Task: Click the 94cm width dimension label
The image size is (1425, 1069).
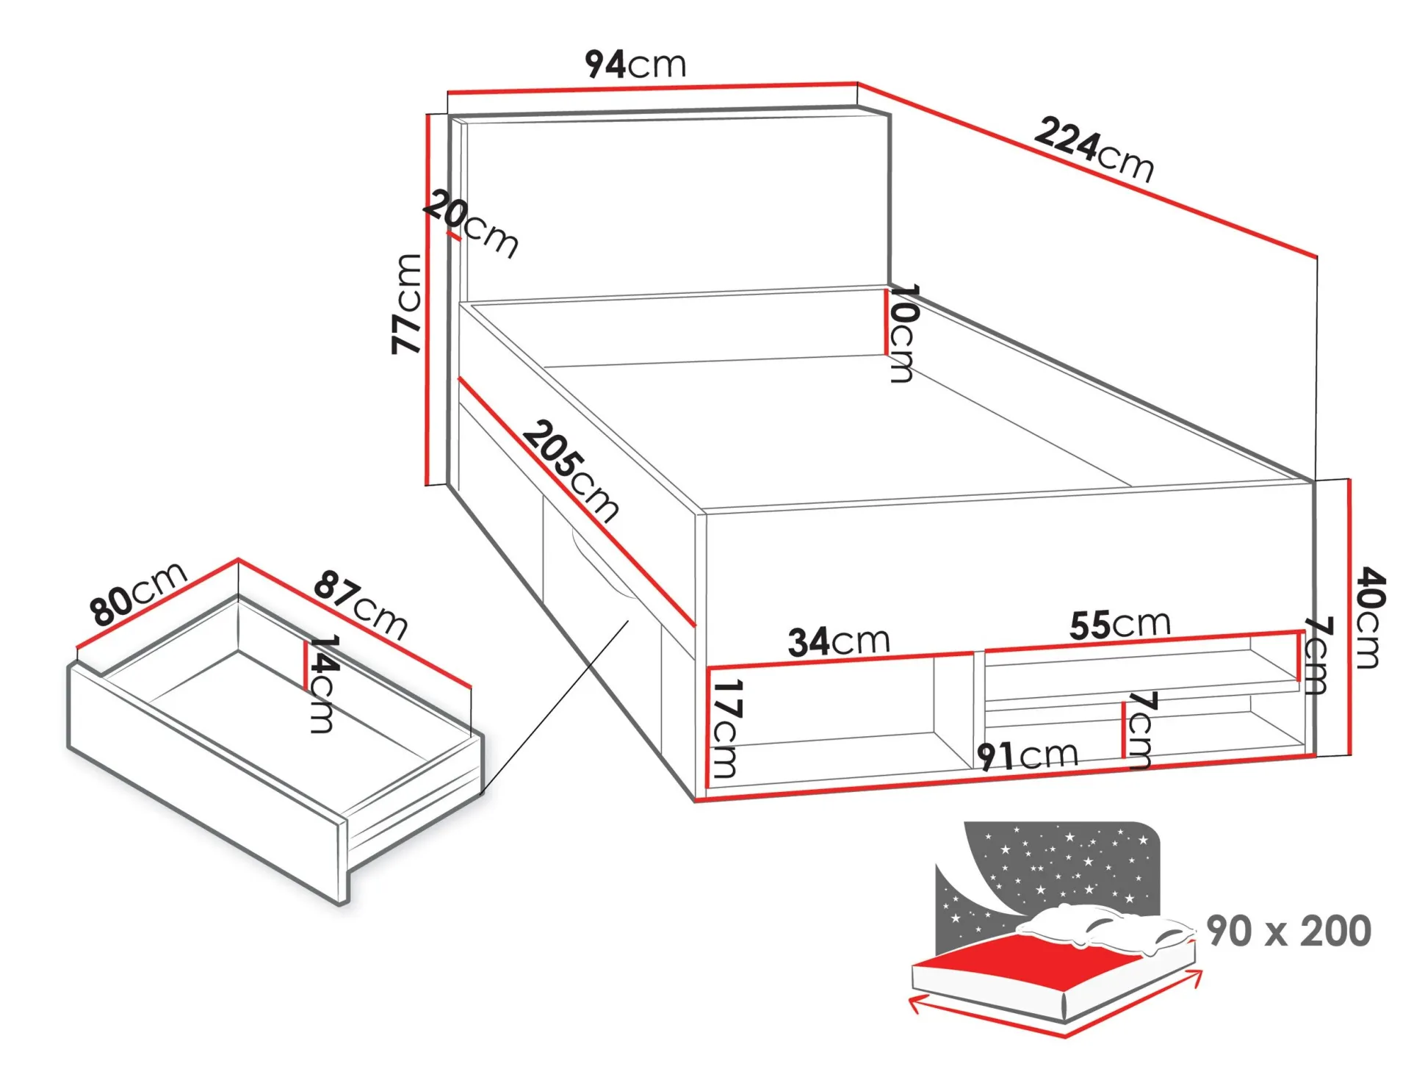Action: pyautogui.click(x=636, y=64)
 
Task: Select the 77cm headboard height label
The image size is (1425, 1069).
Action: pyautogui.click(x=407, y=304)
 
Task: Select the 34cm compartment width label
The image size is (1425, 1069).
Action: pyautogui.click(x=839, y=641)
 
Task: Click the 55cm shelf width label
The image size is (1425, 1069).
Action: pyautogui.click(x=1120, y=625)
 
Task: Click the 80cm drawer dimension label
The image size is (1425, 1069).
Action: pyautogui.click(x=138, y=594)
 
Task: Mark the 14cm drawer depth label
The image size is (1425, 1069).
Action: pyautogui.click(x=322, y=684)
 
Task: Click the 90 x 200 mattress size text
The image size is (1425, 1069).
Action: pyautogui.click(x=1289, y=931)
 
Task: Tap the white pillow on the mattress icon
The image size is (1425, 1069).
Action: pyautogui.click(x=1102, y=930)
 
